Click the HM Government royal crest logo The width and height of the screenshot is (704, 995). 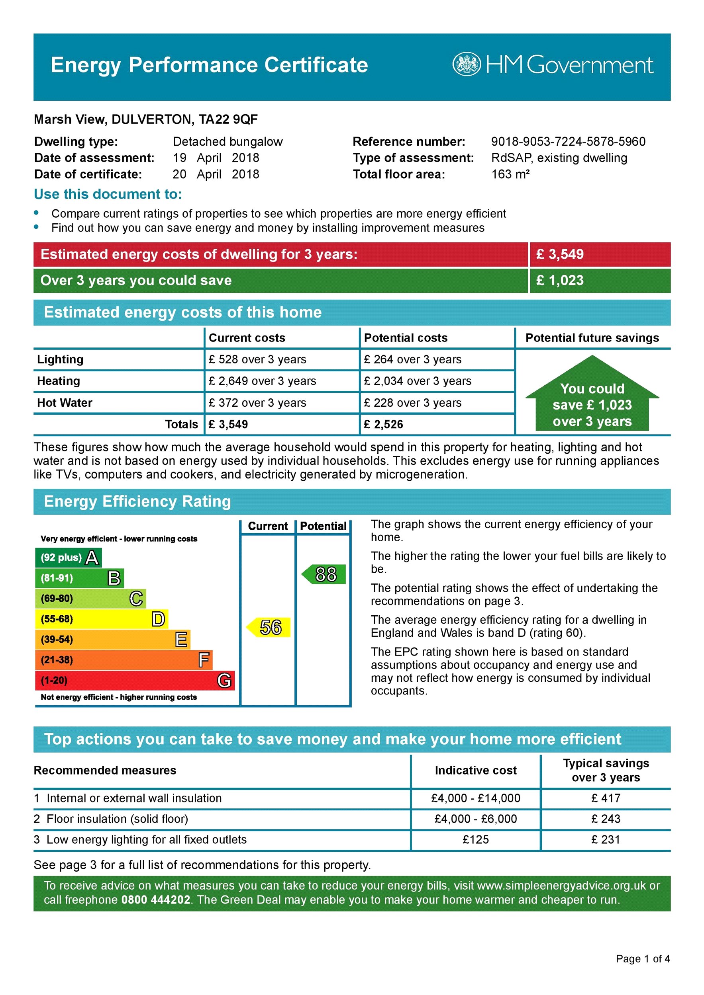[466, 64]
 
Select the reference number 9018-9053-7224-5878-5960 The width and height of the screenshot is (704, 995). [568, 142]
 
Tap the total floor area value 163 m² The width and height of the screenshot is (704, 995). [510, 174]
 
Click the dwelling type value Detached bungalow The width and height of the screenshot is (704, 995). [227, 142]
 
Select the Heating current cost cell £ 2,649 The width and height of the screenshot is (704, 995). [262, 381]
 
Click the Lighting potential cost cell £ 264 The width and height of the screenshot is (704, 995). [412, 359]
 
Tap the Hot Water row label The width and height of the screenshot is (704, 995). [65, 403]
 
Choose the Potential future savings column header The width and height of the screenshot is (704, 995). [592, 338]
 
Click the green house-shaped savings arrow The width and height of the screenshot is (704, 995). [592, 399]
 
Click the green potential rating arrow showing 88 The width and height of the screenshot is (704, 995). [324, 574]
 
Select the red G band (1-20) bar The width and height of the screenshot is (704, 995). [135, 680]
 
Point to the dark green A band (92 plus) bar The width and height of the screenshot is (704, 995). [68, 557]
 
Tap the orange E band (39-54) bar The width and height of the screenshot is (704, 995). [112, 639]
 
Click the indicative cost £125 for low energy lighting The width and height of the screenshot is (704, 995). [475, 839]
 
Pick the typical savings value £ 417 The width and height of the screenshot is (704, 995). [606, 798]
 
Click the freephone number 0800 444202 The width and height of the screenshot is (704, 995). [156, 899]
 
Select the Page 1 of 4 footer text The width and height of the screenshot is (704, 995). [642, 959]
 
